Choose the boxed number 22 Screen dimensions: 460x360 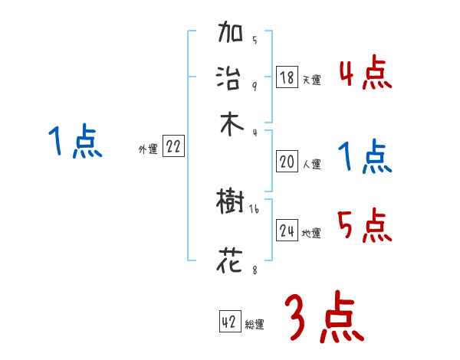[173, 148]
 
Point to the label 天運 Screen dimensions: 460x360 [312, 80]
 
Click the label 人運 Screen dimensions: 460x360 [312, 164]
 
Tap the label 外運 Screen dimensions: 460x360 [148, 150]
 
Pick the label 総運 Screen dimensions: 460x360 [255, 325]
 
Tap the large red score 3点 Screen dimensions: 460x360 [324, 319]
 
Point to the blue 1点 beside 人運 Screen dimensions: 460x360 [365, 157]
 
